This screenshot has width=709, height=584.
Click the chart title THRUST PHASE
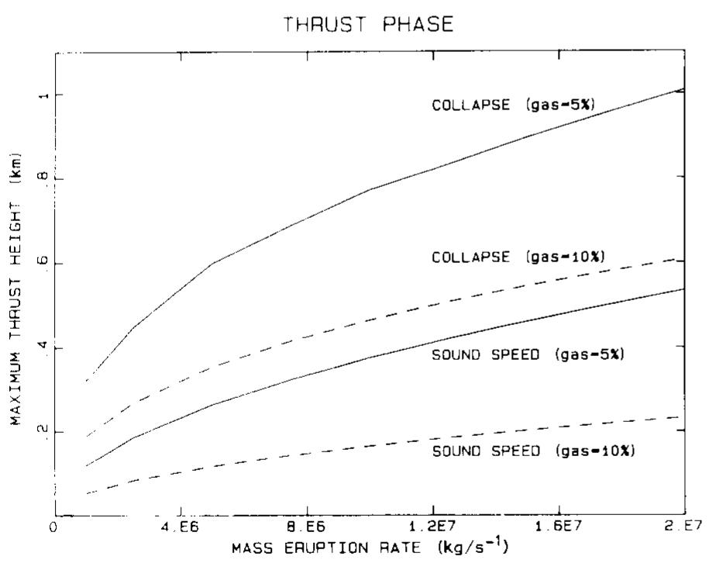pos(369,24)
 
